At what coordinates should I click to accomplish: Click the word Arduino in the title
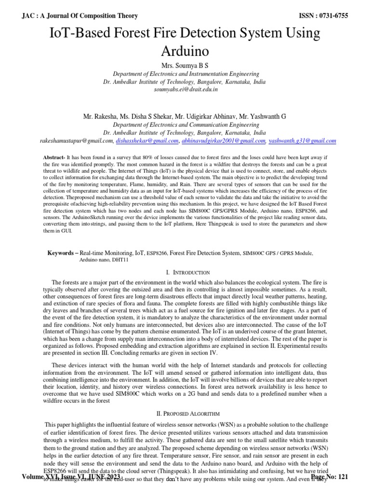(x=185, y=50)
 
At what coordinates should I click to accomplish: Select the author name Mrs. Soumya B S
(x=185, y=65)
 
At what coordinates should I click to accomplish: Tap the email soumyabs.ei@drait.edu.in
(x=185, y=89)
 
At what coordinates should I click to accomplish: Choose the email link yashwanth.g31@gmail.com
(x=303, y=140)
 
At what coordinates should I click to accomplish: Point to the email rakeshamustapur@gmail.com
(x=77, y=140)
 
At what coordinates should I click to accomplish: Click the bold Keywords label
(x=62, y=253)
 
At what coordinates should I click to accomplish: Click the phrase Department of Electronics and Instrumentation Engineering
(x=185, y=74)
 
